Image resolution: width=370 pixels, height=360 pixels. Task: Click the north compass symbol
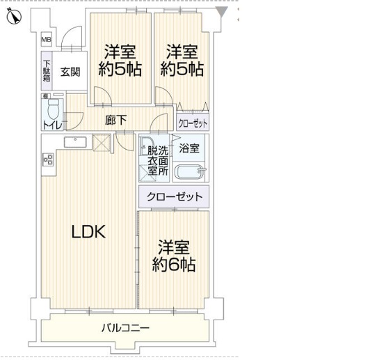click(14, 17)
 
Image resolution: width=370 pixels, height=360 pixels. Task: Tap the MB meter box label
click(46, 40)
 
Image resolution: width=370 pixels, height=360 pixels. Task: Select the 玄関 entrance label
click(70, 72)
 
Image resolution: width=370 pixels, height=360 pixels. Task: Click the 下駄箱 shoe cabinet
click(47, 71)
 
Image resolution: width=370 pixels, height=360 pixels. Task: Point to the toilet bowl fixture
click(54, 109)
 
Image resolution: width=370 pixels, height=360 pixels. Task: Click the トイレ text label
click(53, 125)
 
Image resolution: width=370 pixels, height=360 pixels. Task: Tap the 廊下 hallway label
click(116, 120)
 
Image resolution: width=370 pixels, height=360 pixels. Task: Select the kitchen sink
click(75, 142)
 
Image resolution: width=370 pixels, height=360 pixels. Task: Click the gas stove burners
click(49, 159)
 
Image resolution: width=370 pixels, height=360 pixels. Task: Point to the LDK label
click(88, 231)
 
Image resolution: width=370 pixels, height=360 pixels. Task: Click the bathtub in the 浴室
click(190, 172)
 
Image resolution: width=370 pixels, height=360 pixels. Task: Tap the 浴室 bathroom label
click(189, 148)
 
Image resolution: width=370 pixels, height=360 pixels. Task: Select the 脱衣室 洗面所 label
click(158, 161)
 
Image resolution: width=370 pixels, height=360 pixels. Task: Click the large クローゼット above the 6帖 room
click(174, 197)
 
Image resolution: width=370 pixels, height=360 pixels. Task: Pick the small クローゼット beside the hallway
click(193, 123)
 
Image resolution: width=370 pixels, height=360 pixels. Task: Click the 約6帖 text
click(174, 265)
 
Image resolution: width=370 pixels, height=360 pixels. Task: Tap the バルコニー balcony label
click(125, 328)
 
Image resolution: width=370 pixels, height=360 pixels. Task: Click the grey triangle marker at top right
click(222, 12)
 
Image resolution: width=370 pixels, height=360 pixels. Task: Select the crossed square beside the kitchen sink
click(102, 143)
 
